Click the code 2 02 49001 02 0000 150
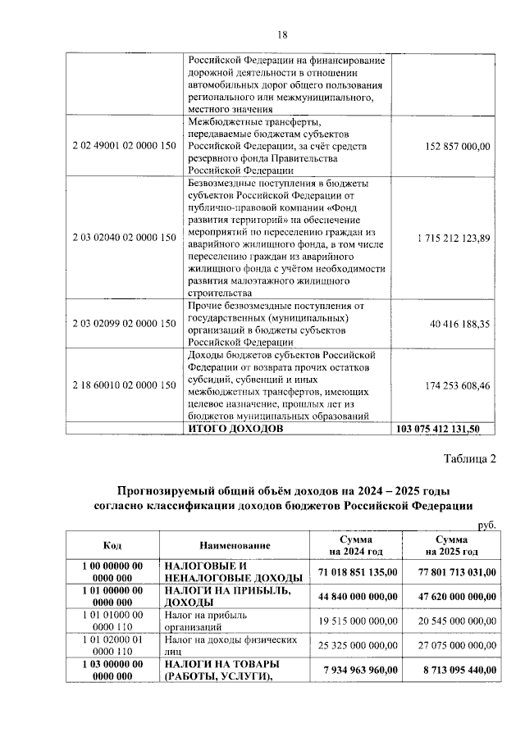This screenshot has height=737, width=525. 124,146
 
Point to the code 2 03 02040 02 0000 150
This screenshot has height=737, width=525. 124,238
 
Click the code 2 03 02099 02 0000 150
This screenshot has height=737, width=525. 124,325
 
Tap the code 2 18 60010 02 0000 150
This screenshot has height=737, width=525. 124,384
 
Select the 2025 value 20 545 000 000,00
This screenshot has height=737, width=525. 454,621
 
